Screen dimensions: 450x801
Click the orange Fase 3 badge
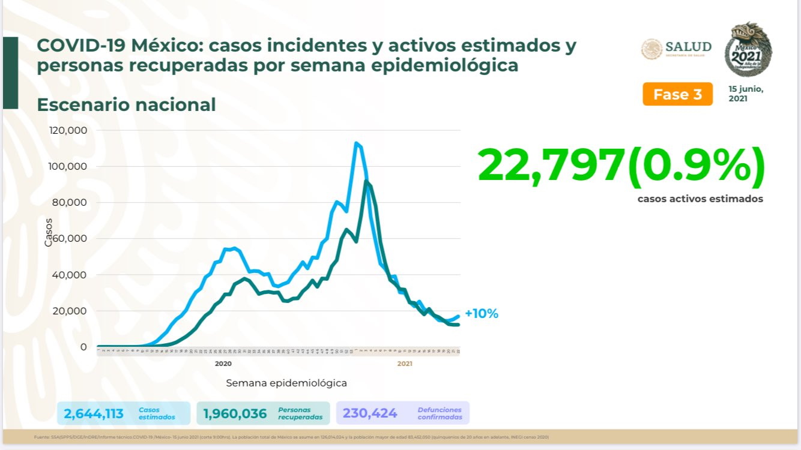point(677,94)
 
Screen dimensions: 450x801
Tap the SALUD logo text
point(688,47)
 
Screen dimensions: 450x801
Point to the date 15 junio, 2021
point(746,94)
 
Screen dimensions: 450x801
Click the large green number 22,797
point(551,166)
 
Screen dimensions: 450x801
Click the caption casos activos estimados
point(700,199)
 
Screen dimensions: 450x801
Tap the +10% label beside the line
point(481,313)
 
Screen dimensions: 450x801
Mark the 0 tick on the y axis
point(84,347)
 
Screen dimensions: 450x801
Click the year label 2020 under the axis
point(223,364)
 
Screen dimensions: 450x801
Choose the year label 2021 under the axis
point(404,364)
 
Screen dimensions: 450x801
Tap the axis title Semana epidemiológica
point(286,383)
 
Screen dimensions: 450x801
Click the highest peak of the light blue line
point(356,143)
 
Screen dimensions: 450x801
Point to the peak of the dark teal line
point(366,181)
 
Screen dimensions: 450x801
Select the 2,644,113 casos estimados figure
point(94,413)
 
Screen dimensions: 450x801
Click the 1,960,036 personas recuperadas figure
point(235,413)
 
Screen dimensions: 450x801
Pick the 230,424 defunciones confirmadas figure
point(370,413)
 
